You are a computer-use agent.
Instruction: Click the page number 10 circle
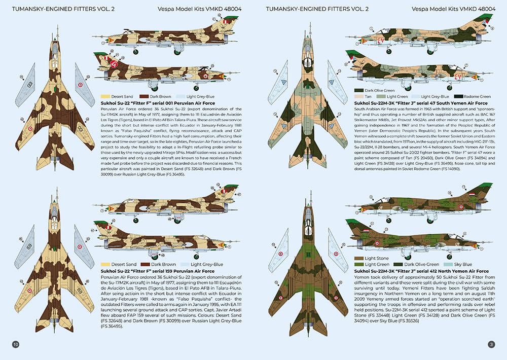[16, 345]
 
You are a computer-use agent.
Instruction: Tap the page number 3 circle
[491, 345]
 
